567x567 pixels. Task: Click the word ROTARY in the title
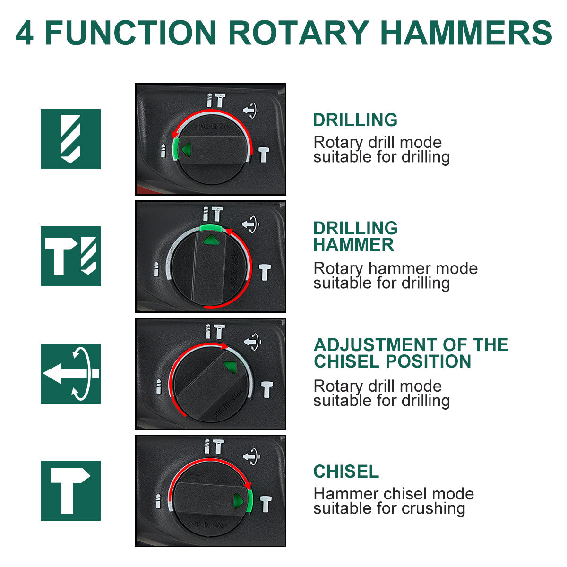click(299, 33)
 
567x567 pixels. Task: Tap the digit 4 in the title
click(25, 33)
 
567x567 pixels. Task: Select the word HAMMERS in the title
click(466, 33)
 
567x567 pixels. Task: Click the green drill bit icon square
click(70, 139)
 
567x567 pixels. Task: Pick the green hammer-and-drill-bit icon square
click(70, 256)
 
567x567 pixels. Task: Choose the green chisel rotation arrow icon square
click(70, 373)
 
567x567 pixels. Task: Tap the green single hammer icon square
click(70, 490)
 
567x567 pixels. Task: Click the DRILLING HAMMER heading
click(355, 236)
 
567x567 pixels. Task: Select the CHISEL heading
click(346, 472)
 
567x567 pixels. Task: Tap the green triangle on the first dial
click(187, 149)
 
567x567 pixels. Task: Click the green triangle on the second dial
click(211, 240)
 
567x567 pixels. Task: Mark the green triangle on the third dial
click(231, 367)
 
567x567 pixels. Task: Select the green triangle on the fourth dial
click(238, 501)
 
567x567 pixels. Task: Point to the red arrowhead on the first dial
click(175, 135)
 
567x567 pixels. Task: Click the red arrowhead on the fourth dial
click(249, 486)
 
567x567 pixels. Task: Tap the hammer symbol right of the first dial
click(264, 155)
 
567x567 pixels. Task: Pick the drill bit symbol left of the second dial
click(156, 269)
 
